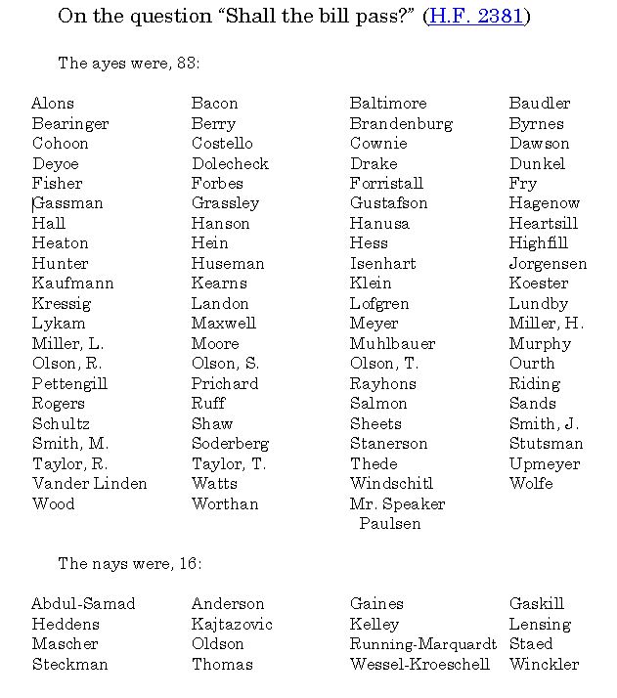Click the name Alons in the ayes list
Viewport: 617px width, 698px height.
53,104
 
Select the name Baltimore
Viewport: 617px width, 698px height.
388,104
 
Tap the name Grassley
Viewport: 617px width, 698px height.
225,203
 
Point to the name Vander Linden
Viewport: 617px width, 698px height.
90,484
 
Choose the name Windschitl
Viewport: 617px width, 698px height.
391,484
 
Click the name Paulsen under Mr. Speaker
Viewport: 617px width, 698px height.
389,524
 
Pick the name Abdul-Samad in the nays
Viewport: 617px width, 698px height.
83,604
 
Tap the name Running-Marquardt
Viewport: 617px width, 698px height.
423,644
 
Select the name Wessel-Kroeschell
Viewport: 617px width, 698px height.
419,665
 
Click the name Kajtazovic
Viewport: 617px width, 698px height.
232,625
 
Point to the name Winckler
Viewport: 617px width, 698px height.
544,665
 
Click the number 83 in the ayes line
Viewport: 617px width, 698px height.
187,64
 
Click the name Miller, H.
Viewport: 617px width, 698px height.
546,324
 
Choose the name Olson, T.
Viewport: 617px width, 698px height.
384,364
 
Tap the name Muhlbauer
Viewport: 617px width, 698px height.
392,344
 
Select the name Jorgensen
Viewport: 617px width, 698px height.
548,264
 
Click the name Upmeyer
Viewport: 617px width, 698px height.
544,464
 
